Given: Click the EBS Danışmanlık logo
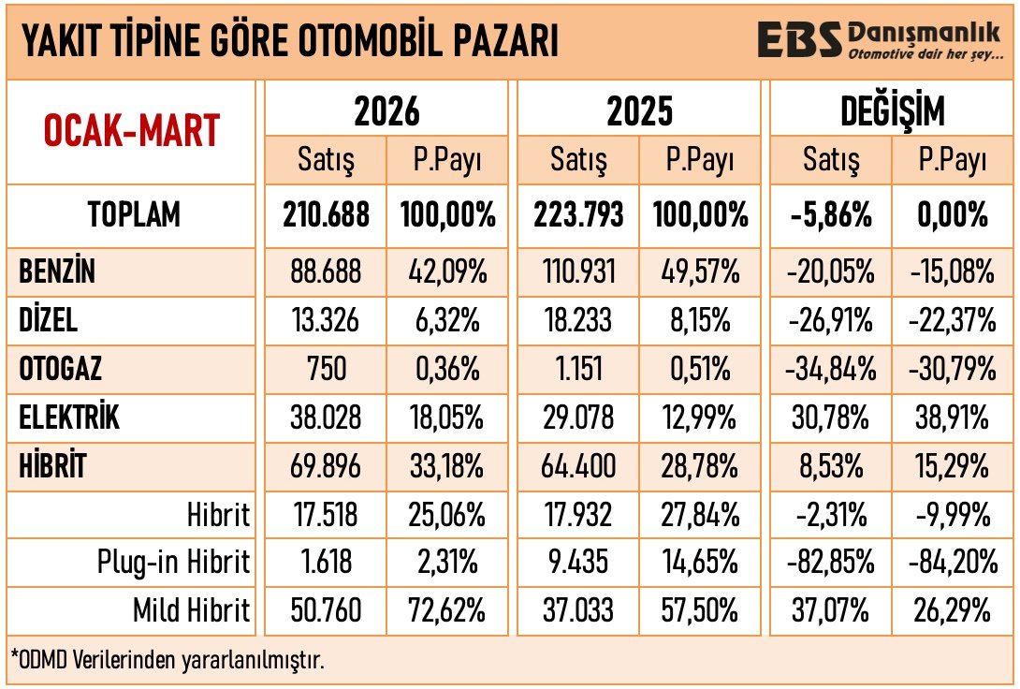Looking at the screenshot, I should pyautogui.click(x=885, y=41).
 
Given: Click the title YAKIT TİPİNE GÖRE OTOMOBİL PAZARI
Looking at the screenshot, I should pyautogui.click(x=289, y=42).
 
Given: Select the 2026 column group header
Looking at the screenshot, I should pyautogui.click(x=386, y=111).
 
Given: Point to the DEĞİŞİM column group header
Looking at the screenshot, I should pyautogui.click(x=891, y=111).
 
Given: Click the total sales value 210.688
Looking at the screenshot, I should pyautogui.click(x=326, y=215).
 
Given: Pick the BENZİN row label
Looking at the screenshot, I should pyautogui.click(x=58, y=272).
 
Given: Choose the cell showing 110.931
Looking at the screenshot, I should pyautogui.click(x=577, y=272).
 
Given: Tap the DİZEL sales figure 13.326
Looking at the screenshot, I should pyautogui.click(x=326, y=321).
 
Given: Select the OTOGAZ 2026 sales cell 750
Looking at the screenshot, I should pyautogui.click(x=326, y=369).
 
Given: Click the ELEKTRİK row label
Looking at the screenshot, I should pyautogui.click(x=70, y=418).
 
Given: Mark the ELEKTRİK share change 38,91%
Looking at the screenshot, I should pyautogui.click(x=950, y=418).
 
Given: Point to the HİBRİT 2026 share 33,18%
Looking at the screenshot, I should pyautogui.click(x=447, y=466).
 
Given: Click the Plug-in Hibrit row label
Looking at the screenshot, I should pyautogui.click(x=174, y=563).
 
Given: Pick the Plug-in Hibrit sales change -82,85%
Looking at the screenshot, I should pyautogui.click(x=829, y=563).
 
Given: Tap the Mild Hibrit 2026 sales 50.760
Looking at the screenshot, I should pyautogui.click(x=326, y=611).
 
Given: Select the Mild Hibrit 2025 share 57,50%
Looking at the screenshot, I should pyautogui.click(x=699, y=611).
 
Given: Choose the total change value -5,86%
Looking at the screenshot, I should pyautogui.click(x=829, y=215).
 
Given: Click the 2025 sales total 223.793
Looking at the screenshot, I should pyautogui.click(x=577, y=215).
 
